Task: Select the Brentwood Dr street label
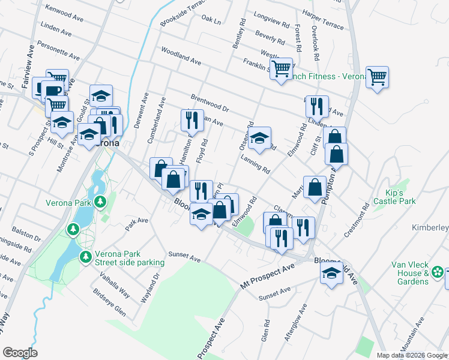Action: [210, 102]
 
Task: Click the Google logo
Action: [20, 353]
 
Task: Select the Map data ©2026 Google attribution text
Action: [411, 355]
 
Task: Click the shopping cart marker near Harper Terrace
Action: [377, 77]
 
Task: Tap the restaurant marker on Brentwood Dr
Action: [316, 106]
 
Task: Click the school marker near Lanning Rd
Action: [259, 138]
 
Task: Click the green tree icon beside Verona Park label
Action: [101, 202]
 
